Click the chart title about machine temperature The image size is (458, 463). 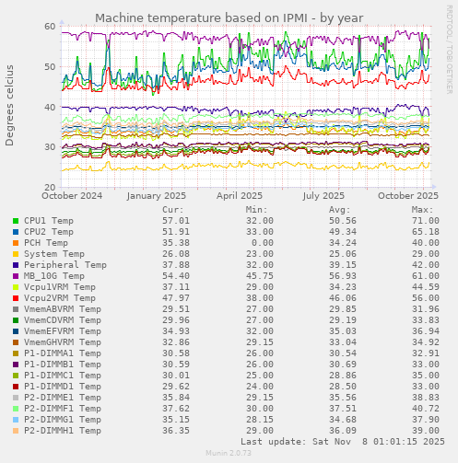coord(229,17)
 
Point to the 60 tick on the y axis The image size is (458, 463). coord(50,26)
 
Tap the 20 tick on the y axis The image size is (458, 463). coord(50,187)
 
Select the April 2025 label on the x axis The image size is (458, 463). coord(240,195)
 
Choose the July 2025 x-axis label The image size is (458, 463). coord(323,195)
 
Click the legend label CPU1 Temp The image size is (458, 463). coord(49,221)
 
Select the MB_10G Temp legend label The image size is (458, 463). coord(54,276)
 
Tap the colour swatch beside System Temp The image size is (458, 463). coord(15,254)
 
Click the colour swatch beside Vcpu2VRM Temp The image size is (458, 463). coord(15,298)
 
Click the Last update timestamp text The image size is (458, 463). coord(341,442)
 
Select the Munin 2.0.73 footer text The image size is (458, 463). coord(229,454)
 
